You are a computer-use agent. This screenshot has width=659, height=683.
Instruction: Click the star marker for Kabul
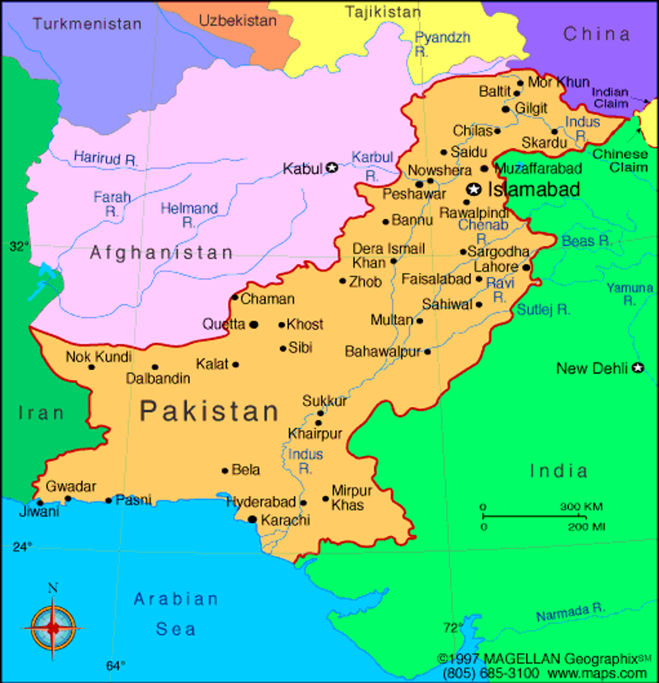331,167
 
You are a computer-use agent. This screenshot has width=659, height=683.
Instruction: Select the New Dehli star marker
637,368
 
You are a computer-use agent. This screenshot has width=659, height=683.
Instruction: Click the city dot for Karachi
252,520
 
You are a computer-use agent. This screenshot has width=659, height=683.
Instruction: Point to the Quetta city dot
254,324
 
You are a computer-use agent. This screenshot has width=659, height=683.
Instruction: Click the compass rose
53,627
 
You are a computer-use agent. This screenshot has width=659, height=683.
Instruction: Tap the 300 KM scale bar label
581,507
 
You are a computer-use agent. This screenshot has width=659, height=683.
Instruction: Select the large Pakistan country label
209,411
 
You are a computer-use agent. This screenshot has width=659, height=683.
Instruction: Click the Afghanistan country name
161,252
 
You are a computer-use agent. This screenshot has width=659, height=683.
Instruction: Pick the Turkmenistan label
87,24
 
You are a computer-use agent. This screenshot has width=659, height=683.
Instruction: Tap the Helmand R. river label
189,215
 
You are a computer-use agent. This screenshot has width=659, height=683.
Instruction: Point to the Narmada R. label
570,613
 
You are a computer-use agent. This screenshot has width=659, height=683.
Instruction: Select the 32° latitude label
18,246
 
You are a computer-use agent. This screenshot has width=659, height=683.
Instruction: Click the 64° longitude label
115,665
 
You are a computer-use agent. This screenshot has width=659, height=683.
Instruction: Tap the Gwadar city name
71,486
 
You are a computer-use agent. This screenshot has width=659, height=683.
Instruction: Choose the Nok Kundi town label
98,357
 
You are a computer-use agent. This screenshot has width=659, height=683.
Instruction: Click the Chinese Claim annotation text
620,160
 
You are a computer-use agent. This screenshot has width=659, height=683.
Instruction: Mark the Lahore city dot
526,268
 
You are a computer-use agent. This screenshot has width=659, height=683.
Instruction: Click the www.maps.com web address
611,673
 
